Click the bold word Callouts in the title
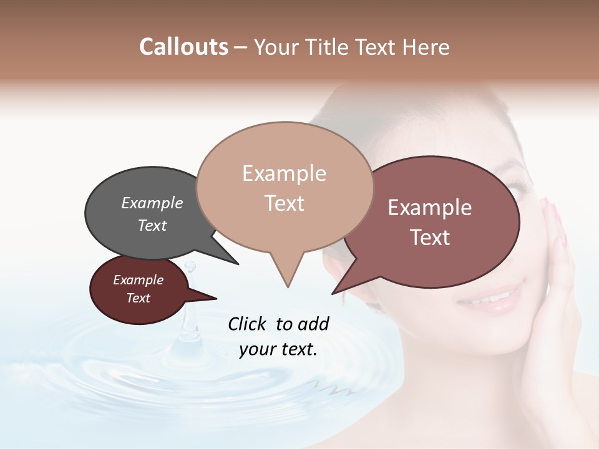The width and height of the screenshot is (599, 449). tap(183, 47)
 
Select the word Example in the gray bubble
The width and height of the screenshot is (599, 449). tap(152, 203)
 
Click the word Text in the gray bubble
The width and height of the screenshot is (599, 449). tap(152, 225)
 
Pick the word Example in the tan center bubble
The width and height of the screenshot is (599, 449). tap(284, 173)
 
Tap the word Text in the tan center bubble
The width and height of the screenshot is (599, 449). tap(284, 203)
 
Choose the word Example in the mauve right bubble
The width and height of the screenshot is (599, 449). tap(430, 208)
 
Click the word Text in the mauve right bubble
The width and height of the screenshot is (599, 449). tap(430, 238)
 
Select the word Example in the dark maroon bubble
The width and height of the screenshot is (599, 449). tap(139, 280)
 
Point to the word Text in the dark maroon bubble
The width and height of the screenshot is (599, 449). tap(139, 298)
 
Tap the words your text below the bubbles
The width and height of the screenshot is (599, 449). tap(278, 349)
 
